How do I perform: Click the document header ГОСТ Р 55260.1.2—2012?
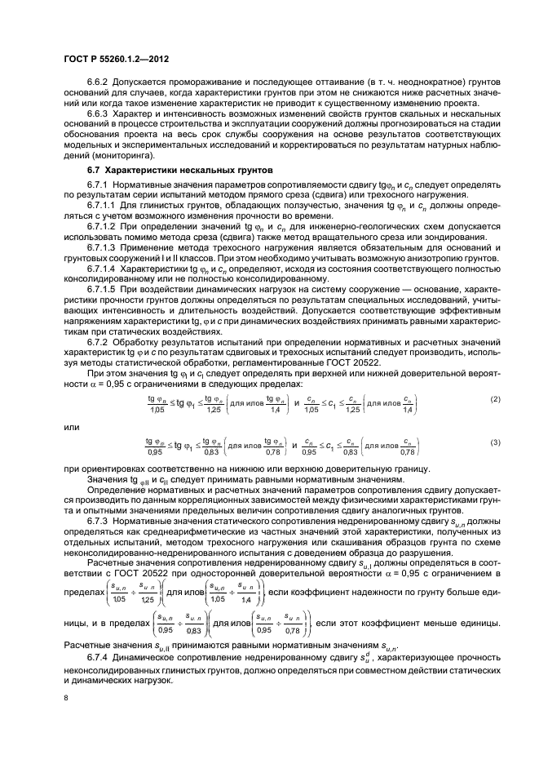coord(112,60)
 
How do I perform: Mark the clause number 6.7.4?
coord(100,658)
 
